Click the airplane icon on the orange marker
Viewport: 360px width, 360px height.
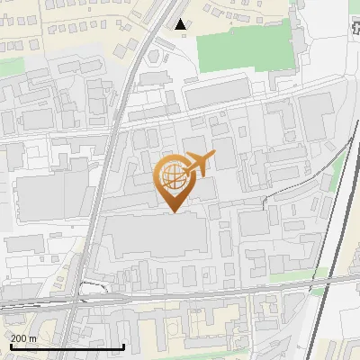(x=200, y=163)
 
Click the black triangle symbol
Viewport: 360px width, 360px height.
(x=182, y=23)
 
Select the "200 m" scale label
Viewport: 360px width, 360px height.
(x=23, y=338)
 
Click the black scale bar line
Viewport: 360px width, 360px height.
(x=67, y=347)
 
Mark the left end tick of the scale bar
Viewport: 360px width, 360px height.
(x=11, y=346)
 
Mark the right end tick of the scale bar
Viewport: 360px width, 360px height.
(x=123, y=346)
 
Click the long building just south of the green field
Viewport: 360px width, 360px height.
(x=218, y=91)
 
